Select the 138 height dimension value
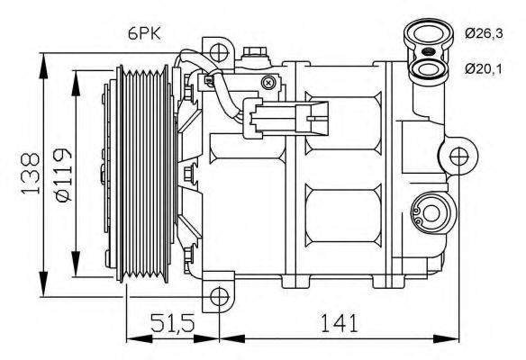click(x=30, y=171)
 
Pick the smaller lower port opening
click(x=429, y=67)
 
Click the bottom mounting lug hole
click(x=217, y=295)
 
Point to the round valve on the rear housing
click(x=428, y=213)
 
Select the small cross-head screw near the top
click(x=268, y=82)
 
